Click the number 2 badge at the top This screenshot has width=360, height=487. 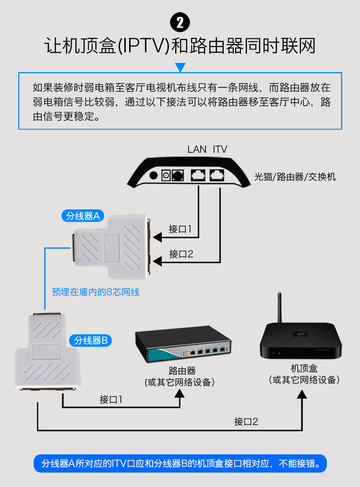coord(180,22)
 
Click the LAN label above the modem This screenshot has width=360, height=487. coord(197,149)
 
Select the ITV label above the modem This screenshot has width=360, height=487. coord(220,149)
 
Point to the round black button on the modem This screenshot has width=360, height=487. coord(154,175)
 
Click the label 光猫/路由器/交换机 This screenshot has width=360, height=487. coord(295,177)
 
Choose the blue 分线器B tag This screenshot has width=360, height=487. coord(93,341)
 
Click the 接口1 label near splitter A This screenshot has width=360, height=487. coord(180,229)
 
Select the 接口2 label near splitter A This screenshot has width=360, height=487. coord(181,254)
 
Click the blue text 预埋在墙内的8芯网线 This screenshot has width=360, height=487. coord(96,292)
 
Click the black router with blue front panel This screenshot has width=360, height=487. coord(183,345)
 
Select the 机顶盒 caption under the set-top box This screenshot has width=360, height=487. coord(304,368)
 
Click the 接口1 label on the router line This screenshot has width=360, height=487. coord(111,399)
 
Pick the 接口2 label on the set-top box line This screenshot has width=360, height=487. coord(246,422)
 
